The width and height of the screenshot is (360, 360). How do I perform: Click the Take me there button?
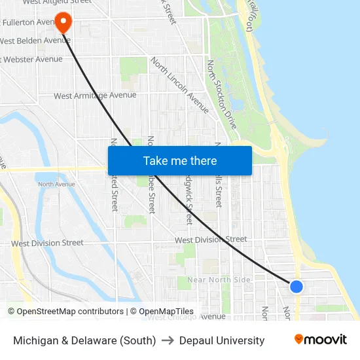pyautogui.click(x=179, y=160)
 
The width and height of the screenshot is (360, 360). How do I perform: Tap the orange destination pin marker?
pyautogui.click(x=63, y=23)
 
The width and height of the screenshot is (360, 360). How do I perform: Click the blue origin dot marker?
pyautogui.click(x=296, y=287)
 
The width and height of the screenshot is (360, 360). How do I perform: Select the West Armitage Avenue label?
pyautogui.click(x=95, y=96)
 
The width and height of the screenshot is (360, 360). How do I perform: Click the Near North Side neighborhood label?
pyautogui.click(x=219, y=280)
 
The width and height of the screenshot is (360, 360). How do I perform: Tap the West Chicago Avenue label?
pyautogui.click(x=186, y=317)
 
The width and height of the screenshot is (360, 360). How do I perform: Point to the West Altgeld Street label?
pyautogui.click(x=56, y=2)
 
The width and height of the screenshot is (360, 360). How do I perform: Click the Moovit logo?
pyautogui.click(x=320, y=340)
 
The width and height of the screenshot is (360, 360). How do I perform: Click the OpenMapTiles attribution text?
pyautogui.click(x=162, y=312)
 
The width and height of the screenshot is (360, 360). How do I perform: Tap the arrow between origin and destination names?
pyautogui.click(x=168, y=340)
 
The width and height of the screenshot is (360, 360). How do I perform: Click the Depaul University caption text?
pyautogui.click(x=222, y=340)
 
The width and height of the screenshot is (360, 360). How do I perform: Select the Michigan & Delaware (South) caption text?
pyautogui.click(x=84, y=340)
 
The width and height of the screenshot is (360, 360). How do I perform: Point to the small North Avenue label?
pyautogui.click(x=56, y=185)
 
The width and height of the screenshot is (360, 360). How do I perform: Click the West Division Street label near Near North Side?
pyautogui.click(x=211, y=240)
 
